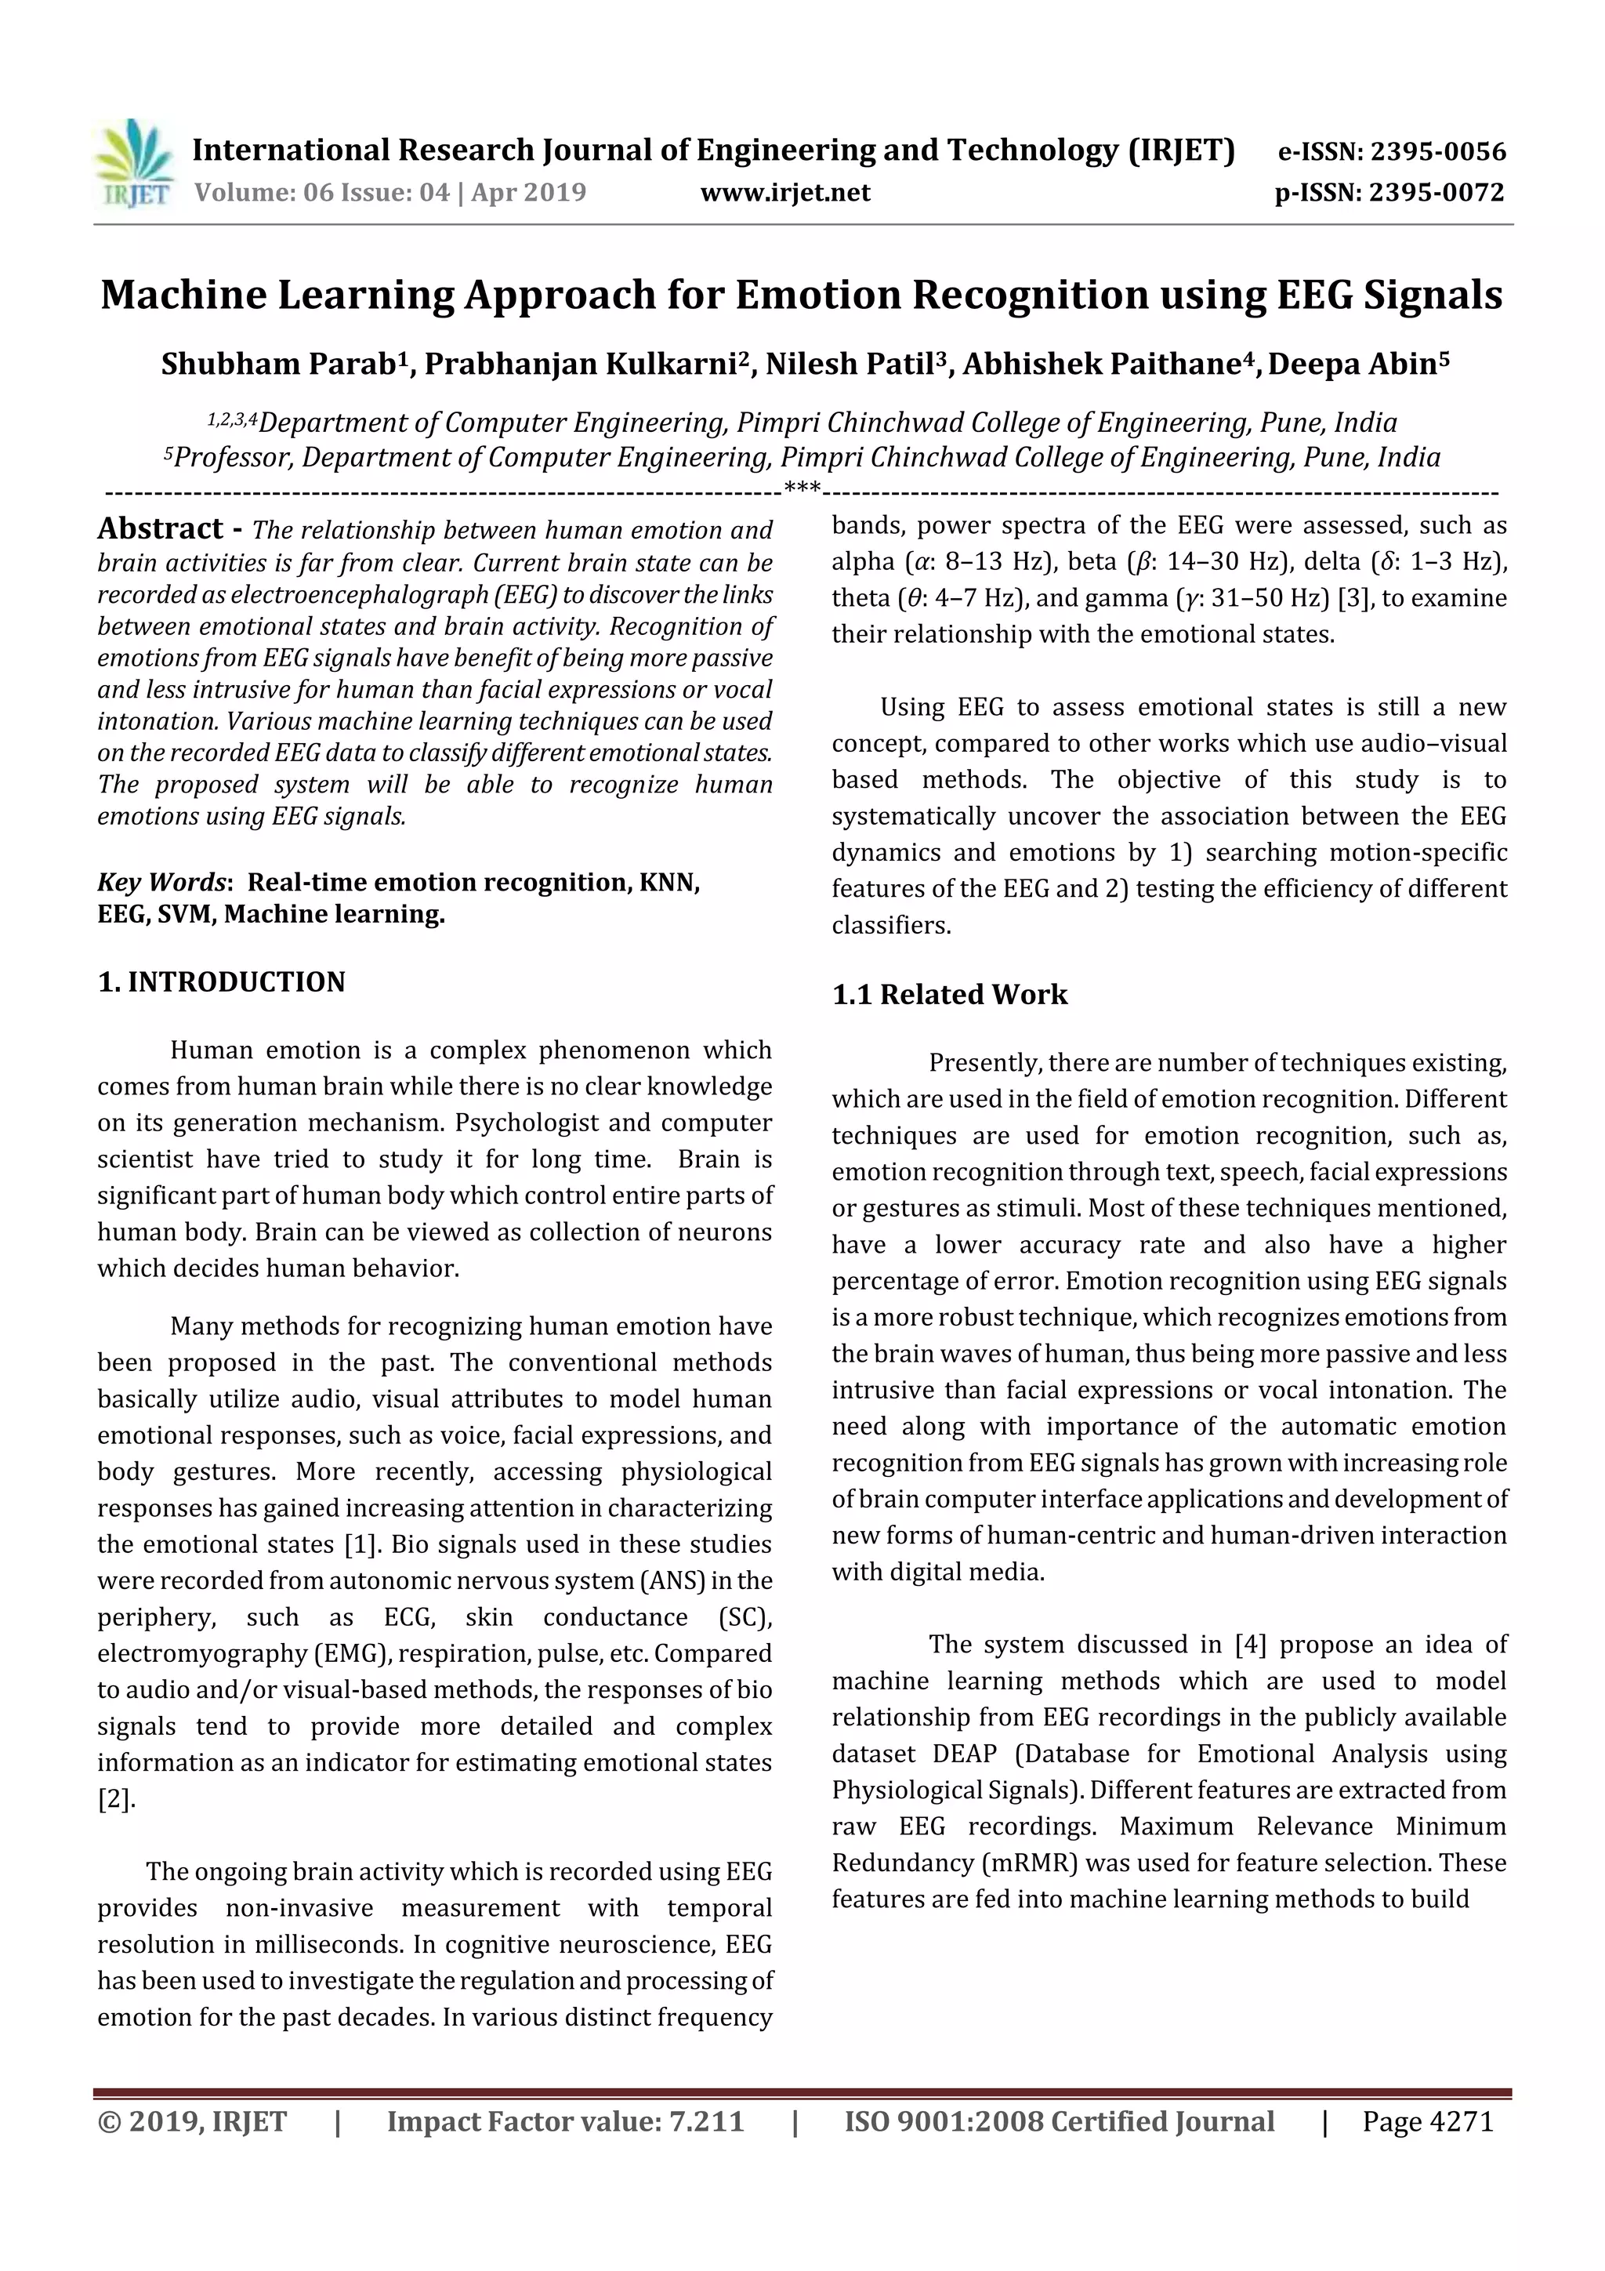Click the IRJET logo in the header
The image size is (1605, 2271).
pyautogui.click(x=135, y=163)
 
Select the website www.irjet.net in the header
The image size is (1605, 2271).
pyautogui.click(x=785, y=192)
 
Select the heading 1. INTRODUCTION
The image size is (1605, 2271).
pyautogui.click(x=222, y=982)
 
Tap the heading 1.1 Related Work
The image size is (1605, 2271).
pyautogui.click(x=949, y=994)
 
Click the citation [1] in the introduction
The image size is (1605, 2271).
pyautogui.click(x=362, y=1545)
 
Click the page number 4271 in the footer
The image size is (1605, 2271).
pyautogui.click(x=1461, y=2121)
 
